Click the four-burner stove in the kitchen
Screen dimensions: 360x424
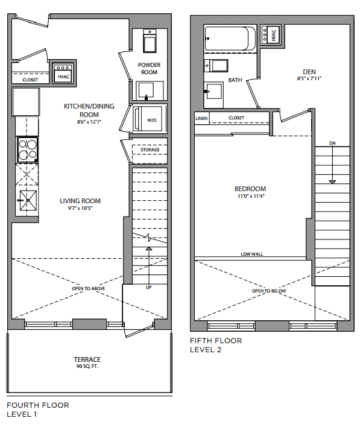pyautogui.click(x=28, y=150)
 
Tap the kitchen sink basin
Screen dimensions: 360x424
pyautogui.click(x=28, y=200)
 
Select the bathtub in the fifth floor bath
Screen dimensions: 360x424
pyautogui.click(x=230, y=38)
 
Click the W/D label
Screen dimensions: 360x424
pyautogui.click(x=151, y=121)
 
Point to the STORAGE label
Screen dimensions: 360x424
pyautogui.click(x=150, y=150)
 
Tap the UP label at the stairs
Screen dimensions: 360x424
pyautogui.click(x=149, y=287)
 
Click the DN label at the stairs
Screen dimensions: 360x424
pyautogui.click(x=332, y=143)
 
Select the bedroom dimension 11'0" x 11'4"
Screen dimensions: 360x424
pyautogui.click(x=251, y=196)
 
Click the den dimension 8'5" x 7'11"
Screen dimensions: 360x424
pyautogui.click(x=309, y=78)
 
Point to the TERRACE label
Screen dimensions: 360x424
pyautogui.click(x=87, y=359)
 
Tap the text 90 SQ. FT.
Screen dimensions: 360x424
pyautogui.click(x=87, y=367)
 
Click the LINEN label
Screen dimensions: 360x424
pyautogui.click(x=201, y=118)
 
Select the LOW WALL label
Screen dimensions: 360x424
pyautogui.click(x=252, y=254)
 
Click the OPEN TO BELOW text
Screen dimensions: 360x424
pyautogui.click(x=269, y=291)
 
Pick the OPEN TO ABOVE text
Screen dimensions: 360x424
pyautogui.click(x=89, y=288)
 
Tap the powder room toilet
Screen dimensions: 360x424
pyautogui.click(x=150, y=41)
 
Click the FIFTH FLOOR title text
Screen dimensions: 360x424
pyautogui.click(x=216, y=341)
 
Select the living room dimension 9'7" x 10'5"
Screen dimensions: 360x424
pyautogui.click(x=80, y=208)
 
